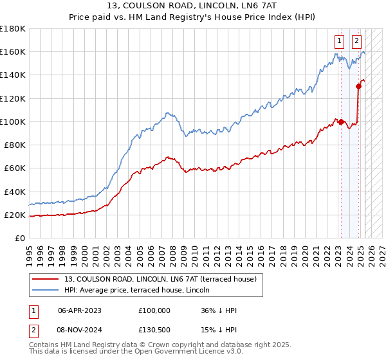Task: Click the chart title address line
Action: click(x=192, y=6)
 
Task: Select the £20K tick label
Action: click(x=14, y=215)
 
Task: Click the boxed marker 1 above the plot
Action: click(x=339, y=40)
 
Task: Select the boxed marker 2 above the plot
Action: click(x=356, y=40)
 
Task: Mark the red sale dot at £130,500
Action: click(x=358, y=86)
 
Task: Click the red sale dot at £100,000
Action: click(x=341, y=122)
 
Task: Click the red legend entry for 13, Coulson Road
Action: click(x=161, y=279)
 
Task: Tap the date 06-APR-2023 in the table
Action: click(x=80, y=310)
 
